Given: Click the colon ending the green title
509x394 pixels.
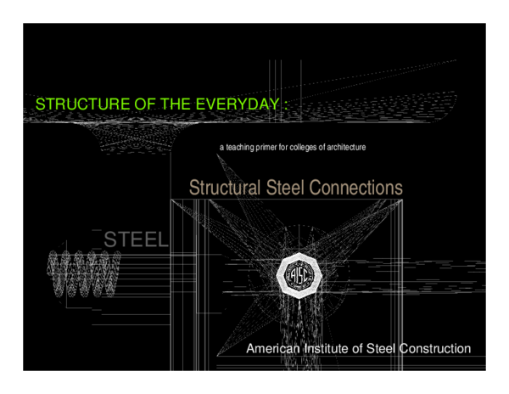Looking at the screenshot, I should (x=287, y=104).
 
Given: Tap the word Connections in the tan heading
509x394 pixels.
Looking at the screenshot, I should (x=356, y=187).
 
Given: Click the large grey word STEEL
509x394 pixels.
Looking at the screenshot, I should (x=136, y=240).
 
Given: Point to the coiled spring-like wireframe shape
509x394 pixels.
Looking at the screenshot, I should (x=82, y=273).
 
